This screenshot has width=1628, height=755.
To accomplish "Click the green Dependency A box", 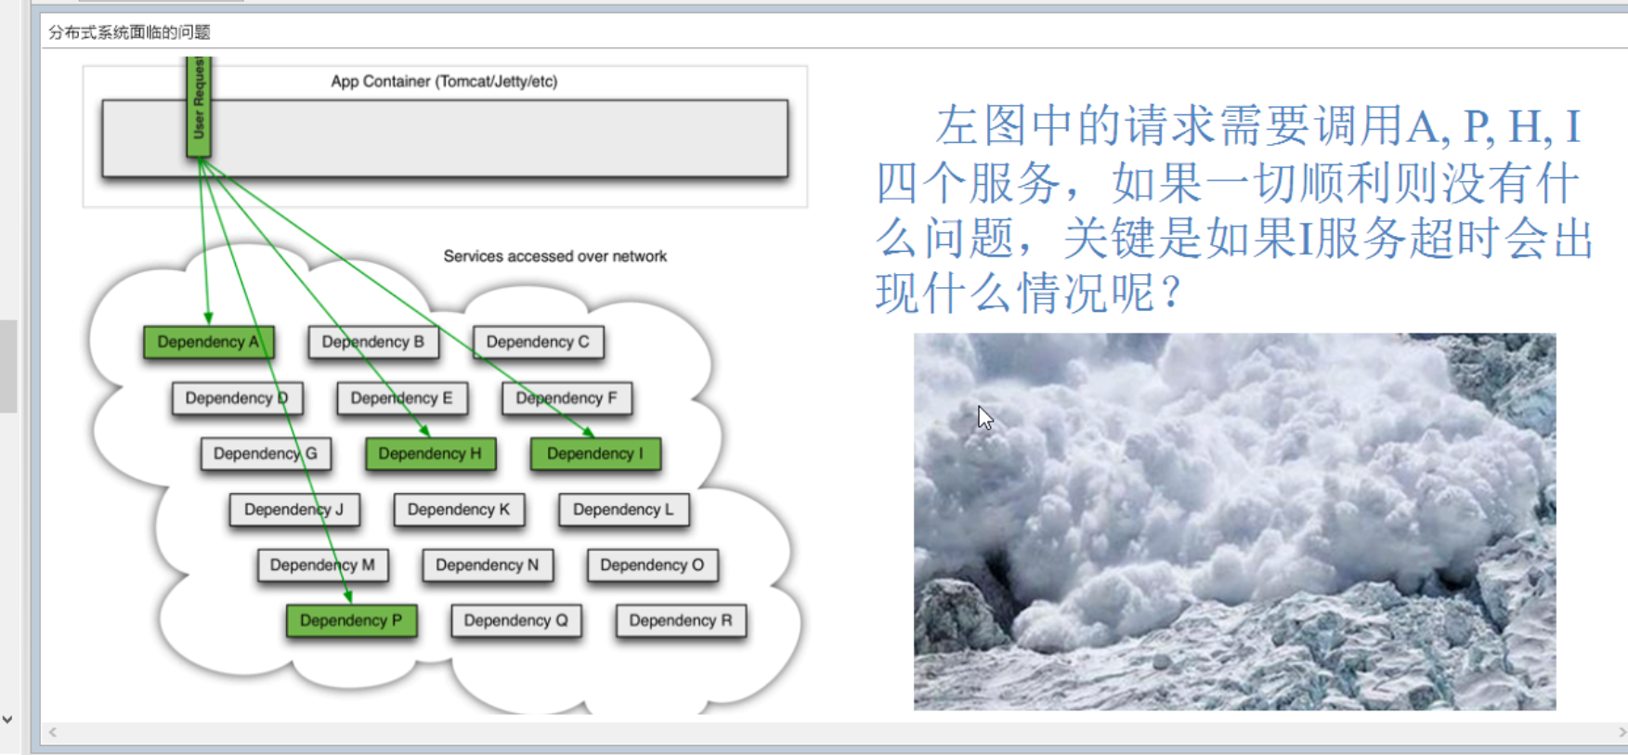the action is click(x=208, y=342).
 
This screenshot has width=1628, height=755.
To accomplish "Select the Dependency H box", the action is click(x=430, y=453).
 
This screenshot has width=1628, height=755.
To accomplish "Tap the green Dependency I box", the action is click(x=595, y=453).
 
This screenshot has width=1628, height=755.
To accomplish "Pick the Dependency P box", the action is click(x=351, y=620).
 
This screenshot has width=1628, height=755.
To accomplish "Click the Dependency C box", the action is click(x=538, y=342).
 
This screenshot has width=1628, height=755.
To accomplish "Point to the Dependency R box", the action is click(x=681, y=620).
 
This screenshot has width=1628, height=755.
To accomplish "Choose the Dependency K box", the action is click(x=459, y=509).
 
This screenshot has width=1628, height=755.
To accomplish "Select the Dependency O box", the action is click(x=652, y=565).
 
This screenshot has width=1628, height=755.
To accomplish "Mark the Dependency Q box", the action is click(x=516, y=620).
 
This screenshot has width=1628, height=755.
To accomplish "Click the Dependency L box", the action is click(x=623, y=509).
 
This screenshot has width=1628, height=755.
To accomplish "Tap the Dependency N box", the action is click(x=488, y=565).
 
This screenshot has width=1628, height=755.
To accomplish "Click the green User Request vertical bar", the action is click(x=199, y=106).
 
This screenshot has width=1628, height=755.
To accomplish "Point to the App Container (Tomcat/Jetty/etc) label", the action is click(x=444, y=82).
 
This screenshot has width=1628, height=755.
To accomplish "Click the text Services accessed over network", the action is click(x=554, y=256).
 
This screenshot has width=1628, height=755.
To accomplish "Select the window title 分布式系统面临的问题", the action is click(x=129, y=33).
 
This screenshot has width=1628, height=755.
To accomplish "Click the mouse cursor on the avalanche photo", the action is click(x=984, y=418).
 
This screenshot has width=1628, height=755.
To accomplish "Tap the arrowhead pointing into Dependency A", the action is click(x=208, y=318).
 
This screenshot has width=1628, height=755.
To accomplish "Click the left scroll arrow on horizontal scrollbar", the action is click(x=53, y=733).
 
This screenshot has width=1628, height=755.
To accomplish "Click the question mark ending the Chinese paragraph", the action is click(x=1171, y=293).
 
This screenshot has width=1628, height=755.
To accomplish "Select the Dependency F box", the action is click(x=567, y=397).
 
